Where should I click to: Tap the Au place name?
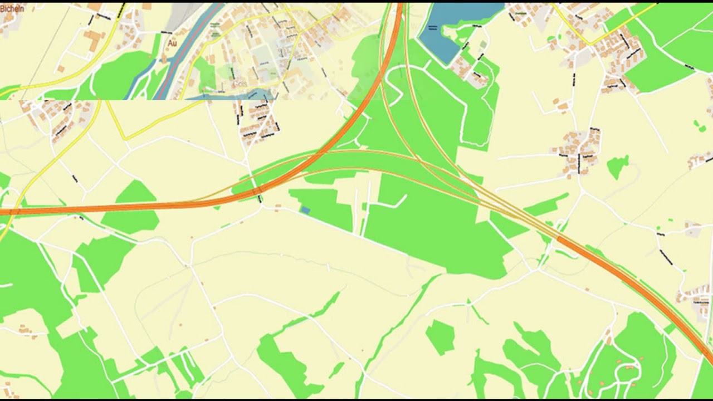pyautogui.click(x=172, y=42)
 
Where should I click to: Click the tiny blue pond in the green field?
pyautogui.click(x=305, y=209)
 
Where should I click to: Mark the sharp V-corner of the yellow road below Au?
pyautogui.click(x=123, y=138)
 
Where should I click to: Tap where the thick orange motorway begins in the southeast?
pyautogui.click(x=559, y=238)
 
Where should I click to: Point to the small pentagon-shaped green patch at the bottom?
pyautogui.click(x=440, y=336)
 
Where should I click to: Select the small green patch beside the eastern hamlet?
pyautogui.click(x=618, y=166)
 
